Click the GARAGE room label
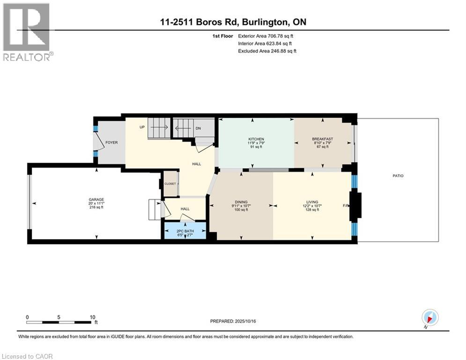click(96, 199)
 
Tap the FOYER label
click(111, 142)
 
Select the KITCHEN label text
click(256, 139)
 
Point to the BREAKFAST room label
click(322, 139)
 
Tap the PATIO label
click(398, 176)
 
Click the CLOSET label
click(170, 184)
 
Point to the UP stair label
click(141, 127)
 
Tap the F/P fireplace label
click(346, 206)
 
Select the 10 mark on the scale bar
click(92, 317)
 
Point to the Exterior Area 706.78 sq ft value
click(266, 36)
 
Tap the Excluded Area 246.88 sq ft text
click(267, 51)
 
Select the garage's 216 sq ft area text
click(96, 207)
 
